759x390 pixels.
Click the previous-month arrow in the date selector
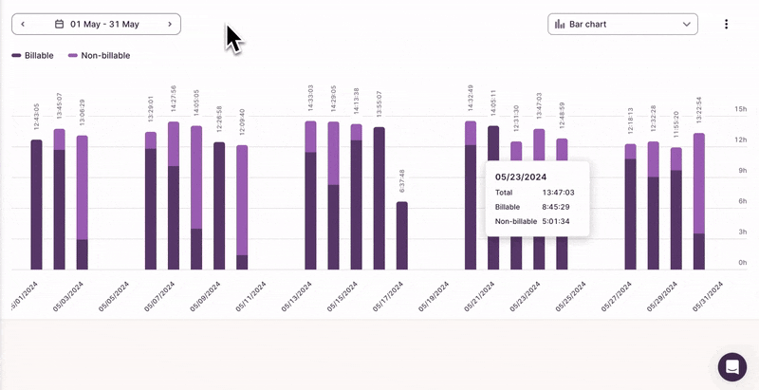pos(23,24)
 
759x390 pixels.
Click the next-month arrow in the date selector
pos(170,24)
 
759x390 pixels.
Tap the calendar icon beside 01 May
pos(60,24)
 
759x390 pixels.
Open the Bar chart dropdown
pos(622,24)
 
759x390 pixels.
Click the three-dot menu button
pos(726,24)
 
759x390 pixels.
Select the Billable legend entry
pos(33,56)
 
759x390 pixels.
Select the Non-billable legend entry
pos(99,56)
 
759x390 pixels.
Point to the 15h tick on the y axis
pos(741,110)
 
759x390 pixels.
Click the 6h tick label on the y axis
pos(741,201)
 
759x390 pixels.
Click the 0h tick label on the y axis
pos(741,262)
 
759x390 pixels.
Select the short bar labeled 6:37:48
pos(402,235)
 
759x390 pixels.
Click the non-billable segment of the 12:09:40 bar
pos(242,199)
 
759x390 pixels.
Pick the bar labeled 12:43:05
pos(37,204)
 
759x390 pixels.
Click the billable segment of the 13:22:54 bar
pos(699,251)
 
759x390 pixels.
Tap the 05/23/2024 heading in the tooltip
pos(521,176)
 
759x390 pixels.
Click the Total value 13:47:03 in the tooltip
pos(551,193)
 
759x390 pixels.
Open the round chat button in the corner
pos(732,366)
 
